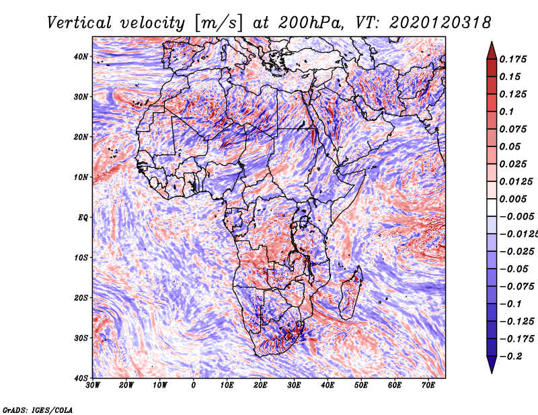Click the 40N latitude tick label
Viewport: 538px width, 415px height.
click(x=81, y=56)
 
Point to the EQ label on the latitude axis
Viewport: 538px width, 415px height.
click(x=83, y=218)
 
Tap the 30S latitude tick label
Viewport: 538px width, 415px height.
click(x=81, y=338)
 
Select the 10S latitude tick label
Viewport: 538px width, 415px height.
click(x=81, y=258)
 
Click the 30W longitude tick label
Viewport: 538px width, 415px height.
click(x=93, y=385)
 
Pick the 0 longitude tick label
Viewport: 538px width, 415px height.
click(x=194, y=385)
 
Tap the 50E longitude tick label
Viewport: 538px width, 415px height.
click(x=361, y=385)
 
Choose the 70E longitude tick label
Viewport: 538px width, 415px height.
click(x=428, y=385)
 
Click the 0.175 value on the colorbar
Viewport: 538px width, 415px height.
click(x=513, y=60)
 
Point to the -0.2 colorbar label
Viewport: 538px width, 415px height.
click(x=511, y=357)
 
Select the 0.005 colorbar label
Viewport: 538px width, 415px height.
click(x=513, y=199)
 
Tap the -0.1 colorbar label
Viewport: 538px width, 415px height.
click(x=511, y=304)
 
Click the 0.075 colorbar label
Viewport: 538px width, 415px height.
click(x=513, y=129)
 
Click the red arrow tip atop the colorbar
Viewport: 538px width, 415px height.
click(x=492, y=42)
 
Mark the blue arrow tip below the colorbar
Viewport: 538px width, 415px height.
click(x=492, y=373)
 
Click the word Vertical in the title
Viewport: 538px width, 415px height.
click(x=79, y=23)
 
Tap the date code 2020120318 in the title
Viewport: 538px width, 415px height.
click(x=440, y=23)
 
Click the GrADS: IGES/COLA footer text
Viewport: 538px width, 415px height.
click(x=38, y=410)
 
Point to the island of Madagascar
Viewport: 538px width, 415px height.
click(x=350, y=293)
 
